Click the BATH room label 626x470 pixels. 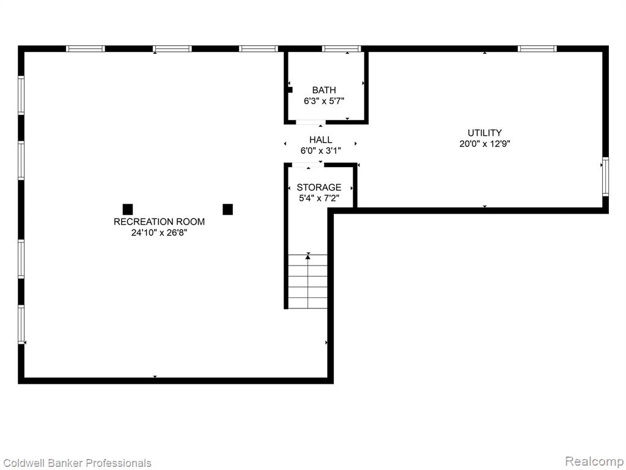[x=324, y=90]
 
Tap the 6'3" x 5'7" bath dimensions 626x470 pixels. [x=324, y=101]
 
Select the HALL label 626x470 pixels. [x=320, y=140]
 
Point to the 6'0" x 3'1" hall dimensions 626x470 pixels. [x=320, y=151]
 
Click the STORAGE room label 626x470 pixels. [x=319, y=187]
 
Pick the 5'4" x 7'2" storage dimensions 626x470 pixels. [x=319, y=198]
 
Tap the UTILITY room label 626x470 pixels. [x=485, y=133]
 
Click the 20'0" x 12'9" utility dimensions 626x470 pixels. [x=485, y=143]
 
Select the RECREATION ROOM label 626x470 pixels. [x=160, y=222]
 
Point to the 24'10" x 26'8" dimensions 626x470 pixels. [x=160, y=233]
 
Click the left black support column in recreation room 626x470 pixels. [x=128, y=209]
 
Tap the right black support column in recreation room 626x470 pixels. [x=227, y=209]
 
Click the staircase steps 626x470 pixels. [x=308, y=282]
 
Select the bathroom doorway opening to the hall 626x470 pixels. [x=311, y=122]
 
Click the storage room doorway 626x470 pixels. [x=308, y=165]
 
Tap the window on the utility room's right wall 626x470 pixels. [x=605, y=177]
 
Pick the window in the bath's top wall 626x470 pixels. [x=341, y=49]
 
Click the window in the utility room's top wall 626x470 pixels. [x=537, y=49]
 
